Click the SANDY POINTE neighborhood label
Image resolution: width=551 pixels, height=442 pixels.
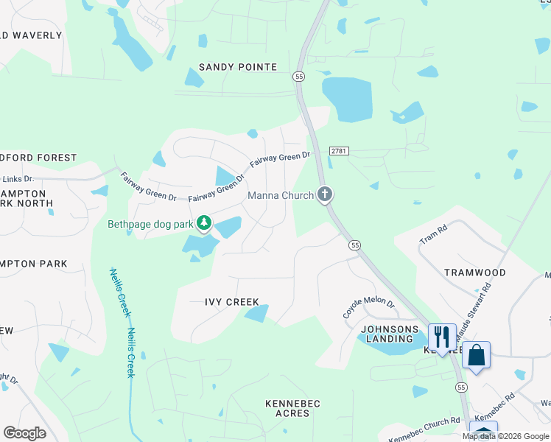[x=237, y=67]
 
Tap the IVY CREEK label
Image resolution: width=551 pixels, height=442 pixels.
[x=231, y=302]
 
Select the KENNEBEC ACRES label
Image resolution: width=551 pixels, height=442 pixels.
[x=287, y=408]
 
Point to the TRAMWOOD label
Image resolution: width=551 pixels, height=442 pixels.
[x=474, y=273]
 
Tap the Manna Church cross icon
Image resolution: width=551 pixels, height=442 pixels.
[x=325, y=194]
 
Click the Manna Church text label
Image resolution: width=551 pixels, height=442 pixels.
[x=280, y=195]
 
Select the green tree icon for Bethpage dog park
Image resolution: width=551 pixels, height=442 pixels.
[x=204, y=222]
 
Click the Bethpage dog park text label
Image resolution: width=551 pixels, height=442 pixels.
[x=150, y=223]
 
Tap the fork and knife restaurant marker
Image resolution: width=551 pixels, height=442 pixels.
[x=441, y=337]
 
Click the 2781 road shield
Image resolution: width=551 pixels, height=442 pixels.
[x=339, y=150]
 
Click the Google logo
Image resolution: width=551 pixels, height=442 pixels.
[x=25, y=433]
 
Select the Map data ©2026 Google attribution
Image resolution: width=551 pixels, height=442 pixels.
[x=505, y=436]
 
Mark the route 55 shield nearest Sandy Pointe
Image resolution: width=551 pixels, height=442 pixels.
[x=298, y=76]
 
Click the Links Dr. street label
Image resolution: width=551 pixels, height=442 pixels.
[x=19, y=179]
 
